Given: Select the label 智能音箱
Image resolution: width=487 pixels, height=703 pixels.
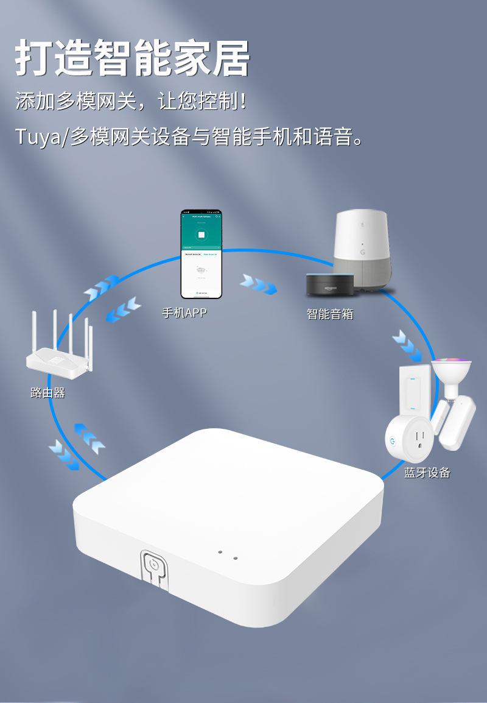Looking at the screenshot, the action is pyautogui.click(x=330, y=314).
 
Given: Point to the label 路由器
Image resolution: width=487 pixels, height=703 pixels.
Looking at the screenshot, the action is pyautogui.click(x=47, y=393).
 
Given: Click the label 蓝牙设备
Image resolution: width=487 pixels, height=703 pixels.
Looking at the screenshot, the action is pyautogui.click(x=427, y=472).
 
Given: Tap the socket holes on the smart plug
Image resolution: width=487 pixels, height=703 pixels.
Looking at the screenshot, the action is pyautogui.click(x=418, y=439).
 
